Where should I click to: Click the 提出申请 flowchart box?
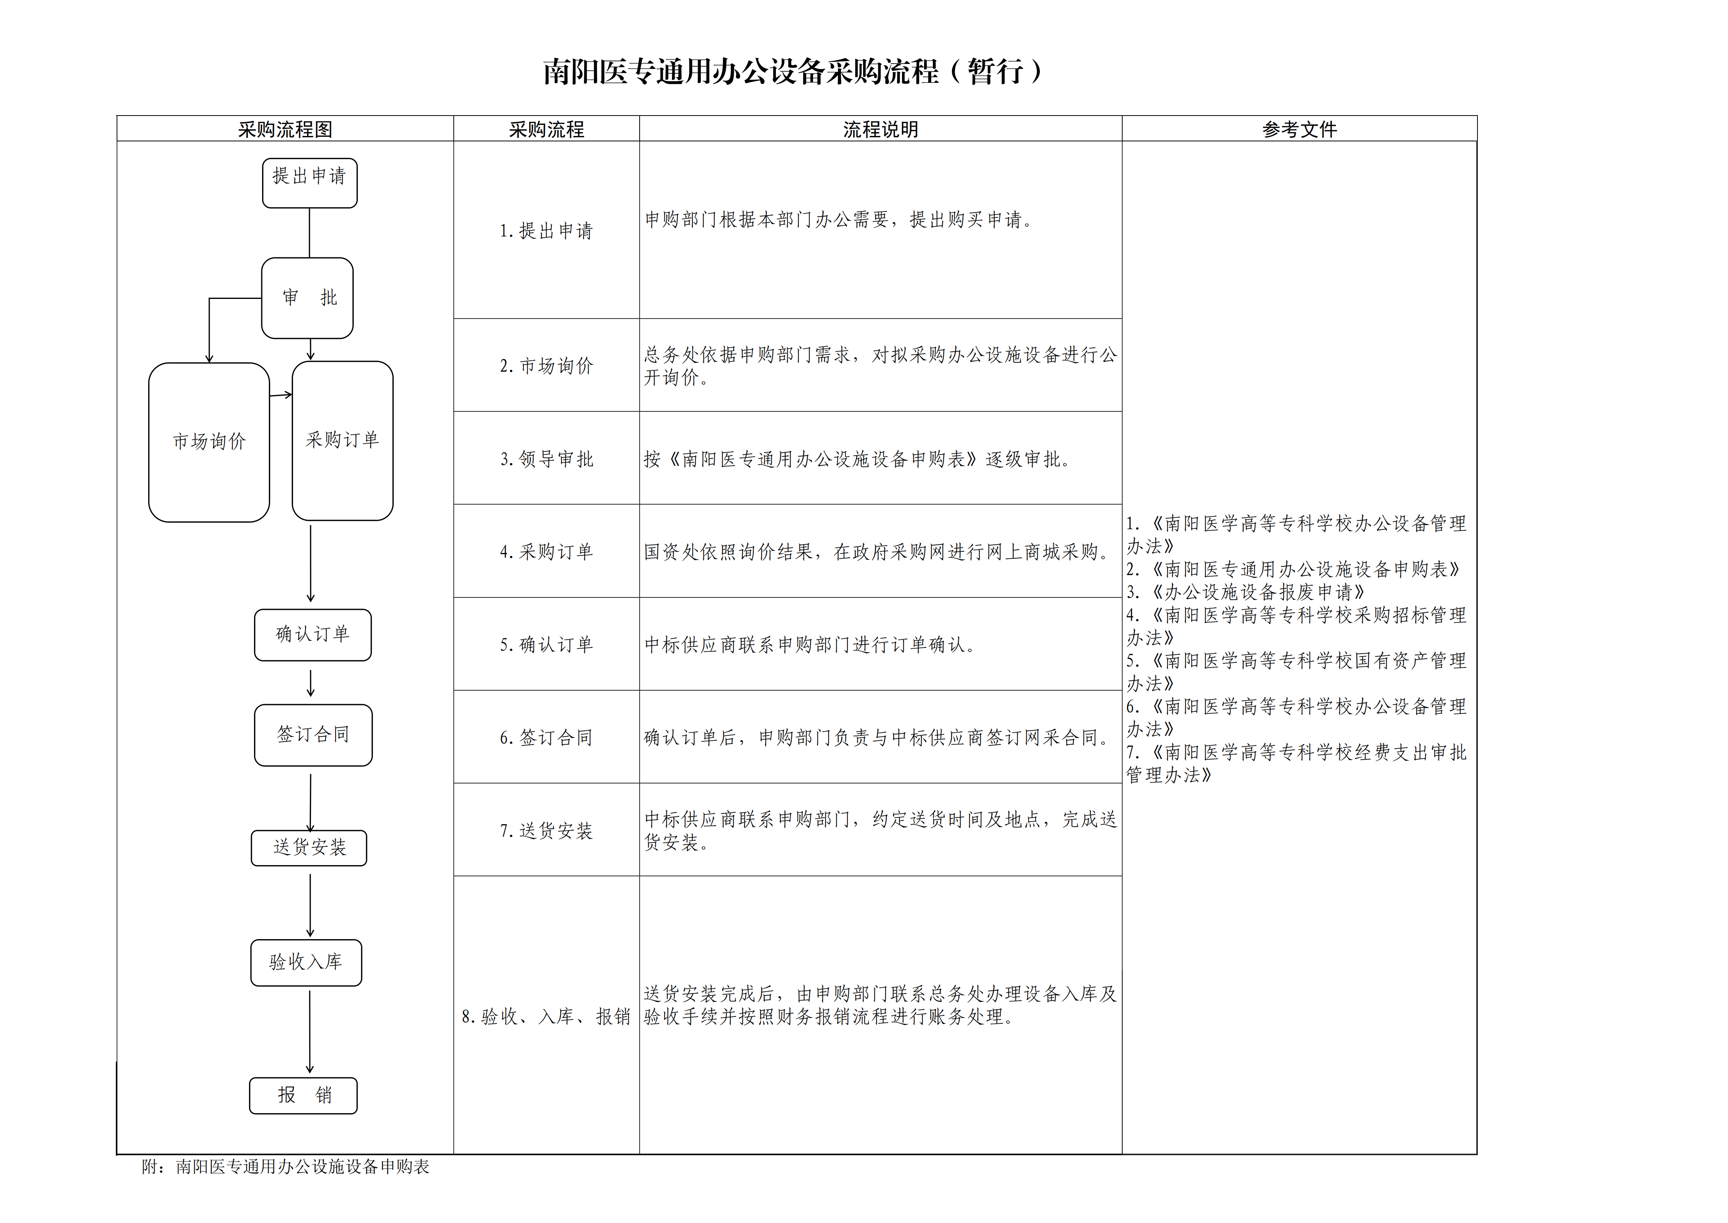click(x=309, y=183)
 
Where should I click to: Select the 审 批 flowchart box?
click(x=307, y=298)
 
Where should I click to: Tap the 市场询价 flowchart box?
click(x=209, y=442)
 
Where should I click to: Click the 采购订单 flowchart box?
click(x=343, y=441)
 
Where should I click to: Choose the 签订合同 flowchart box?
click(x=313, y=735)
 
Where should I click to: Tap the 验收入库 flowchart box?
click(x=306, y=963)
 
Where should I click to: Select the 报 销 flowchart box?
click(x=303, y=1096)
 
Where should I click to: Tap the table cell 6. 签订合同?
click(x=546, y=737)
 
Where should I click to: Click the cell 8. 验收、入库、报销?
click(x=546, y=1016)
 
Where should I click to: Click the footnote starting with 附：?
click(x=285, y=1166)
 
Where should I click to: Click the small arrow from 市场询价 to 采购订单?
click(x=281, y=394)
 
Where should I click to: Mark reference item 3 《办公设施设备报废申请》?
click(x=1245, y=592)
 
